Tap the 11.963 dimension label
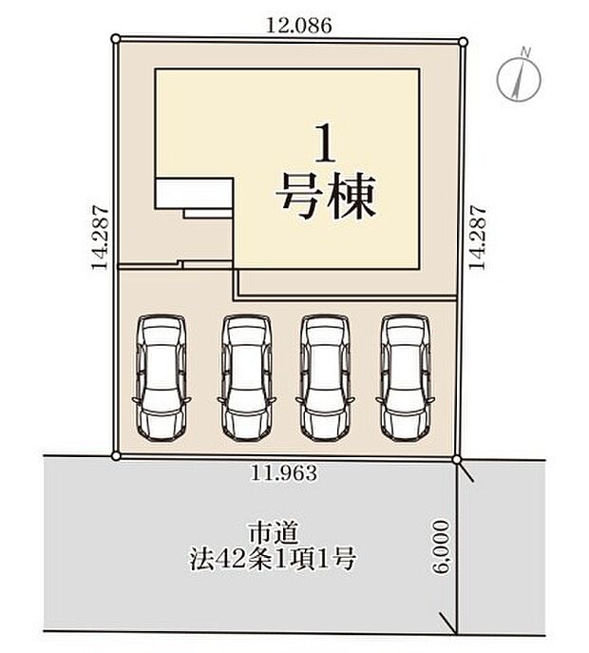point(285,471)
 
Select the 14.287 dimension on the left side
point(98,240)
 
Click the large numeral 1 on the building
point(326,148)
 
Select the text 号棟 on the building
point(326,198)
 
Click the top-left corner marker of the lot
point(115,39)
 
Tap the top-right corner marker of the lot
point(464,41)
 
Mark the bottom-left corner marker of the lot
point(116,456)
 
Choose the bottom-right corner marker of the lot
point(457,460)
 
